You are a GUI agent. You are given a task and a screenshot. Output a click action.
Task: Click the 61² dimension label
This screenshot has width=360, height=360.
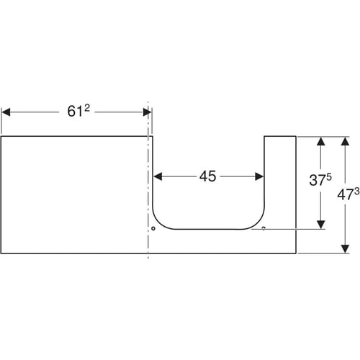click(78, 111)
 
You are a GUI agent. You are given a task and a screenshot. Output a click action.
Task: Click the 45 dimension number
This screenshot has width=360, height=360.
click(207, 176)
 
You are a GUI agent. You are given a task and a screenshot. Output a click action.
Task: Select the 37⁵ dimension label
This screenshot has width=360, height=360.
click(320, 179)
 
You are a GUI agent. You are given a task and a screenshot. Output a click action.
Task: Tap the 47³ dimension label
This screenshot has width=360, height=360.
click(348, 194)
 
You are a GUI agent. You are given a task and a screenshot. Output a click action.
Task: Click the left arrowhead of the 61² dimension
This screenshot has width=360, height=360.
click(6, 112)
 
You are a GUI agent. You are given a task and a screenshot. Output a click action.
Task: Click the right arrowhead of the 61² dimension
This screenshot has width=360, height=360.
click(147, 112)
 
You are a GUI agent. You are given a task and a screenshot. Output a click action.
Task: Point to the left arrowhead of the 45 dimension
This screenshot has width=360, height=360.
click(158, 176)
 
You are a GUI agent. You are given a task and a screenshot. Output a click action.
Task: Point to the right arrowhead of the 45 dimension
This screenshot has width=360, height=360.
click(259, 176)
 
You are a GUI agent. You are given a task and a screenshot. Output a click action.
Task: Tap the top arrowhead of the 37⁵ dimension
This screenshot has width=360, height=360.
click(321, 141)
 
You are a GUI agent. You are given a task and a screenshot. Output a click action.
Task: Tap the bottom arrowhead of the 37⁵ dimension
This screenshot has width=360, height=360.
click(321, 225)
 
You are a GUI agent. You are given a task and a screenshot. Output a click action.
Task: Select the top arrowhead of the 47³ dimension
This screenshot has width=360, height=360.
click(345, 141)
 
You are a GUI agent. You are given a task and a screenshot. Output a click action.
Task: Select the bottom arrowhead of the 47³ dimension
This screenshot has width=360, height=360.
click(345, 249)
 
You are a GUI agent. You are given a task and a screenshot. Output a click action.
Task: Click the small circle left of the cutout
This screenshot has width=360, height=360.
click(153, 228)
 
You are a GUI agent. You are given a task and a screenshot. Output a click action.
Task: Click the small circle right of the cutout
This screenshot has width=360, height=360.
click(264, 228)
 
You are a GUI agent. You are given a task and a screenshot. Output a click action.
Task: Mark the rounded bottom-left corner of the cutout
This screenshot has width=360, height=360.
click(160, 222)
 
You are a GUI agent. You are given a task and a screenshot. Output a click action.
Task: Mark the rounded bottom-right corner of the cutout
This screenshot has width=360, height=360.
click(258, 222)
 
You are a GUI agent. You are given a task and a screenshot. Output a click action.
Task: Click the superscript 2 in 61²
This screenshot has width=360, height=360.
click(87, 108)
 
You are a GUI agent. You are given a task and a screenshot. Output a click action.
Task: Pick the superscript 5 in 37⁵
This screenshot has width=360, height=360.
click(329, 177)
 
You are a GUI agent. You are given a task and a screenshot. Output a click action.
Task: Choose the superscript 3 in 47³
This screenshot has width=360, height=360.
click(357, 192)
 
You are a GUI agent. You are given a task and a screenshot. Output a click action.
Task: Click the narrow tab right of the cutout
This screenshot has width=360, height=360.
click(280, 182)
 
